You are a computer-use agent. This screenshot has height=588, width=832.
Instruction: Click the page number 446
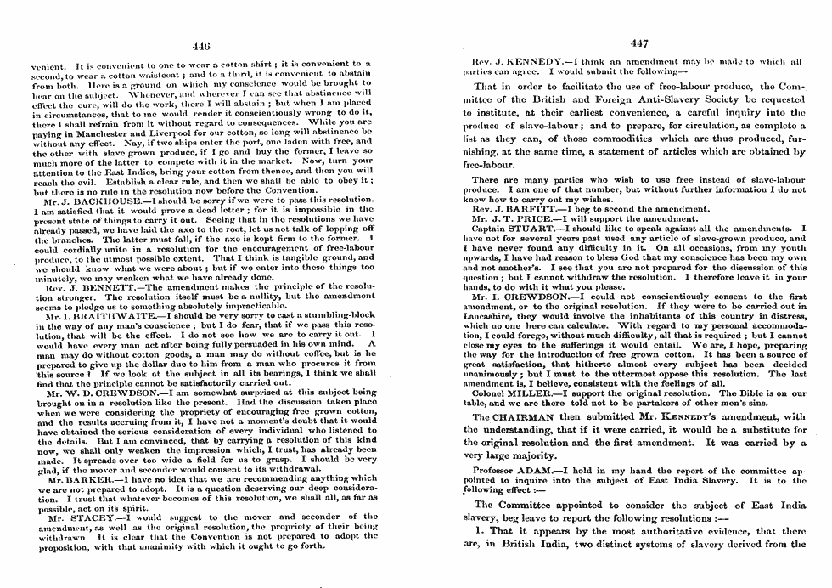click(202, 45)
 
